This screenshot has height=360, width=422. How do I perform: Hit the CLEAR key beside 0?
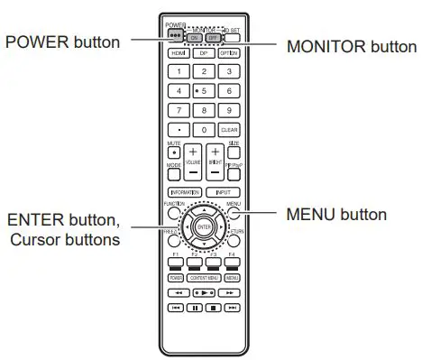pos(229,129)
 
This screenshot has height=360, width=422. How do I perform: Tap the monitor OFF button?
pos(215,38)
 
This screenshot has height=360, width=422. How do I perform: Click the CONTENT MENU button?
pos(204,278)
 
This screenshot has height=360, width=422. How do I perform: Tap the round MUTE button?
pos(173,151)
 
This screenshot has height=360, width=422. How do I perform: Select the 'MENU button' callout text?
pos(336,215)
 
